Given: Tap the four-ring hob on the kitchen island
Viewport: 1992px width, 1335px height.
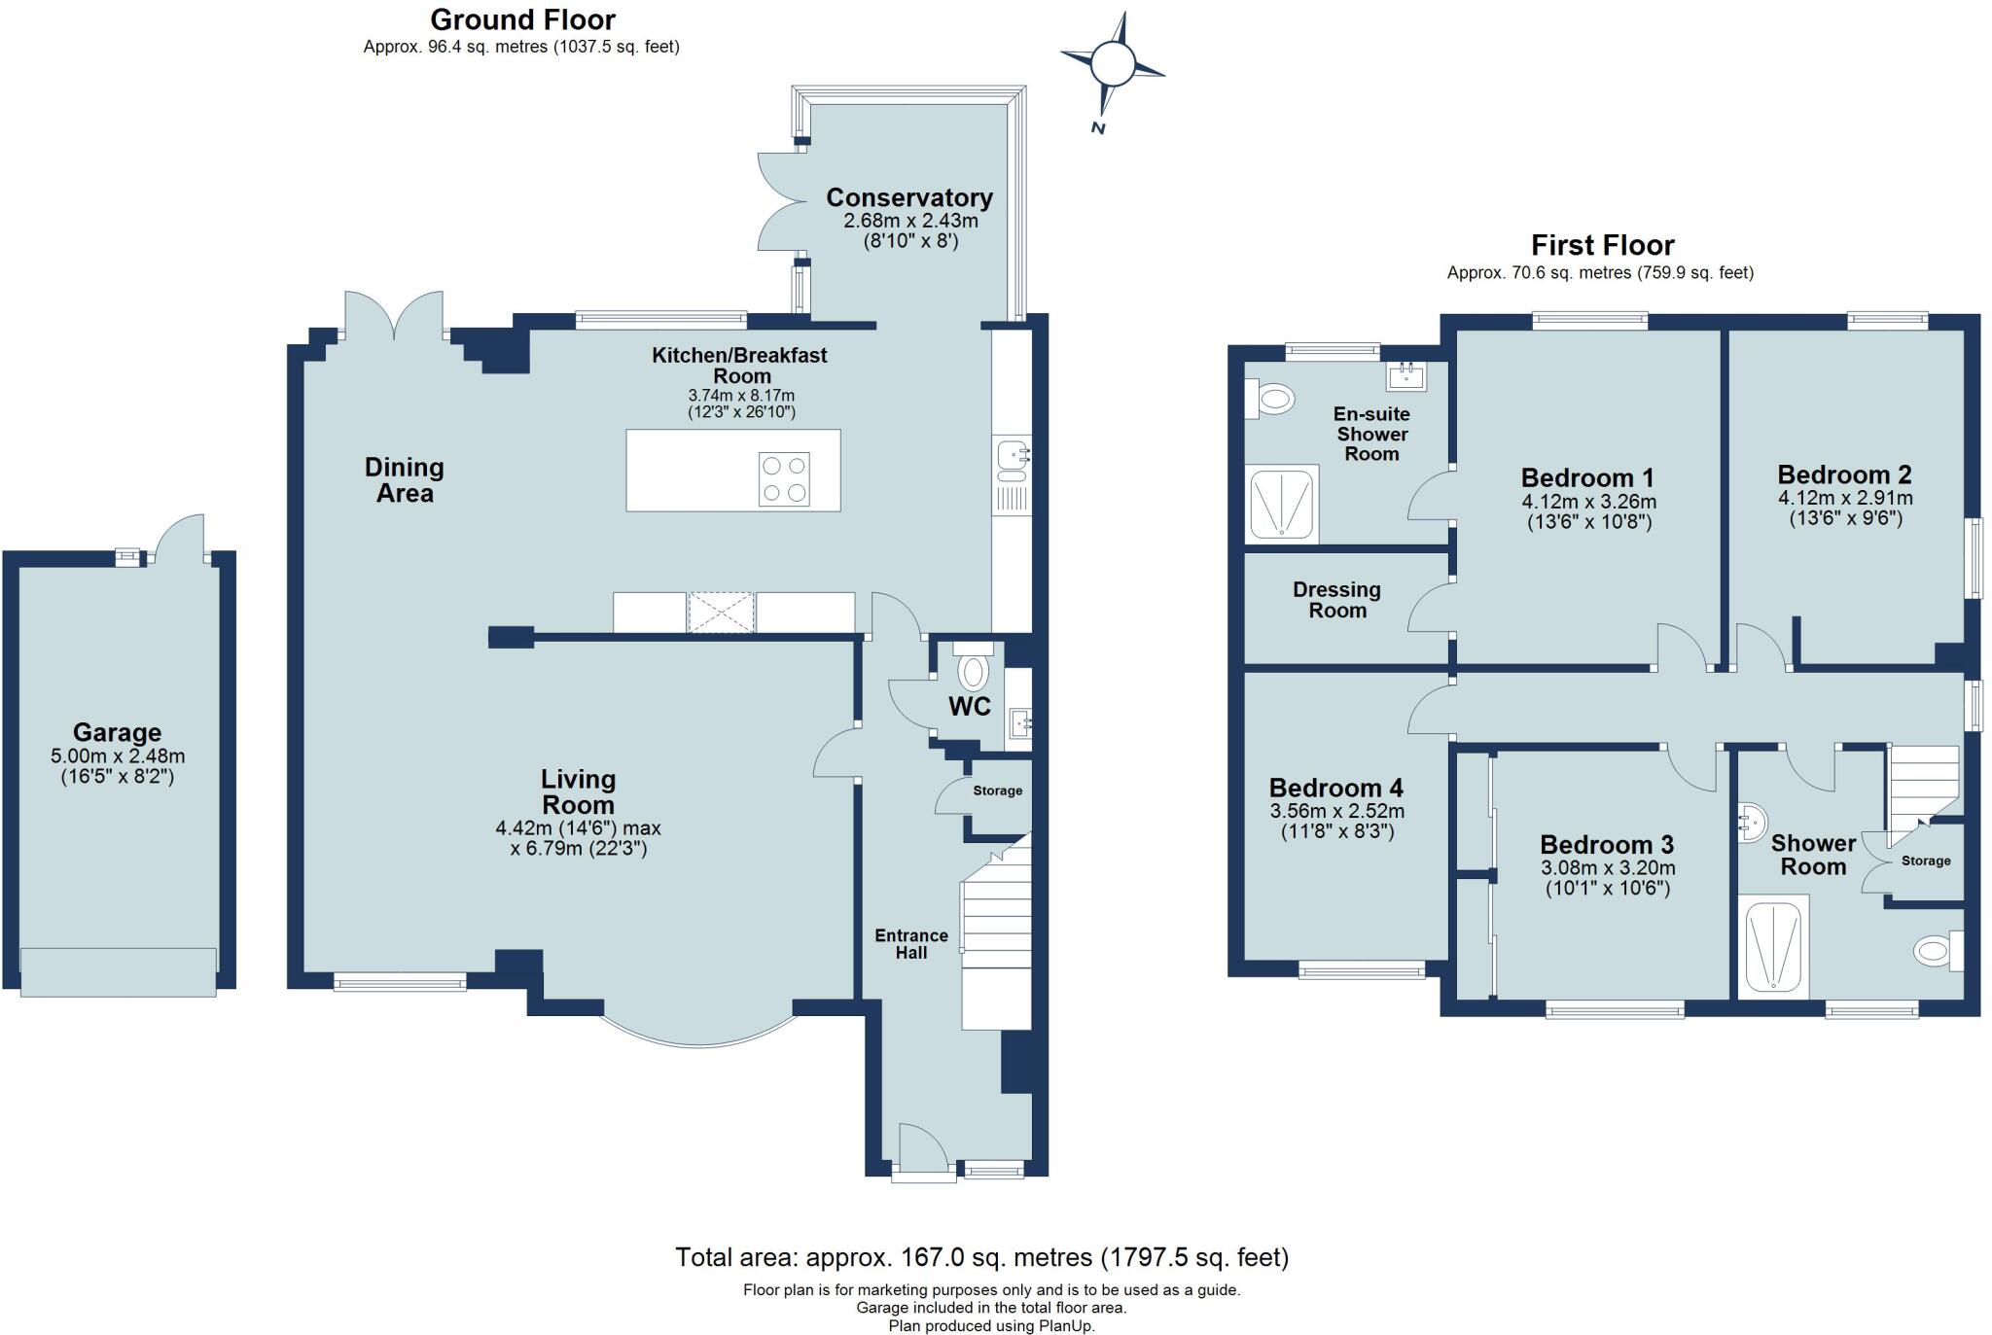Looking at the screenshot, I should point(784,479).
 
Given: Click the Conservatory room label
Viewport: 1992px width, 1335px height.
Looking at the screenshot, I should point(909,197).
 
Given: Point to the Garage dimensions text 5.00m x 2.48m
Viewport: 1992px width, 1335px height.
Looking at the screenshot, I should point(118,755).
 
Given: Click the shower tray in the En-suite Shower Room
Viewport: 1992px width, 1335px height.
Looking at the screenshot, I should point(1281,503).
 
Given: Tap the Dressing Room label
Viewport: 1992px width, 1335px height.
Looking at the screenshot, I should point(1336,600).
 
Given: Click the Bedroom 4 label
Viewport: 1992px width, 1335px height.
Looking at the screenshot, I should point(1335,788).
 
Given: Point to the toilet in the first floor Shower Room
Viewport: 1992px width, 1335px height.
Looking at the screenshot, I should point(1934,950).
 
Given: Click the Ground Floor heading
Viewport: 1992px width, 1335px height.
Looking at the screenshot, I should point(522,19).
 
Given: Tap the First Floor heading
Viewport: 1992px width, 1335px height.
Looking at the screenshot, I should point(1602,245).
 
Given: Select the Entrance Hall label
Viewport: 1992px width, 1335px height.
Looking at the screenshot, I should point(910,943).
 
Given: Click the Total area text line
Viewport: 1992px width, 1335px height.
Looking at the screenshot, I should point(981,1257).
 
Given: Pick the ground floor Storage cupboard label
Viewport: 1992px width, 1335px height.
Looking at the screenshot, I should point(997,790).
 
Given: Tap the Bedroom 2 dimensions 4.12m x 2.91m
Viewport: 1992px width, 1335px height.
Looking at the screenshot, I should point(1845,498).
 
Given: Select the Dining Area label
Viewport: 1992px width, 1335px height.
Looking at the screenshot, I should point(405,480).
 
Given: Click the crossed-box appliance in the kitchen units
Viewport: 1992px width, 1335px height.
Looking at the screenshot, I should point(721,613).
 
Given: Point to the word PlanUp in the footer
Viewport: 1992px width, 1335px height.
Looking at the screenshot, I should point(1068,1326).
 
